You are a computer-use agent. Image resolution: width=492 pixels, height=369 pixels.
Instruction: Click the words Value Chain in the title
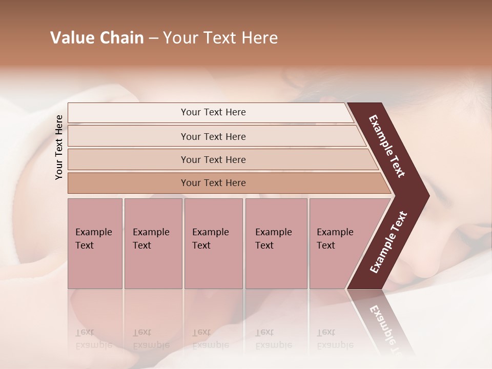[x=97, y=38]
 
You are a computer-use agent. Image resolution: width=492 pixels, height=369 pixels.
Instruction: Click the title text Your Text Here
[x=220, y=38]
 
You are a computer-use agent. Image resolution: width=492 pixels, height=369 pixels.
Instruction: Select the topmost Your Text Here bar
[x=213, y=112]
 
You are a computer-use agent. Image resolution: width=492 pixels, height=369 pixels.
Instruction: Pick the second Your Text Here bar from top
[x=213, y=136]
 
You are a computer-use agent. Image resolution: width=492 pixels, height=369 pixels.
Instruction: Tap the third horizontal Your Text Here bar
[x=213, y=159]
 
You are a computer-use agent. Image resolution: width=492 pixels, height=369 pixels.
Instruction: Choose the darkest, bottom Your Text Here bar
[x=213, y=183]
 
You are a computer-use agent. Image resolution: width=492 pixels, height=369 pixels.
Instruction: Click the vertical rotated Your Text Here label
[x=59, y=147]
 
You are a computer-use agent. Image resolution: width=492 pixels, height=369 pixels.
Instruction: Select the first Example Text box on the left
[x=95, y=243]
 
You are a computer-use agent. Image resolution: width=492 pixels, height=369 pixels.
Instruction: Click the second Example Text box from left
[x=153, y=243]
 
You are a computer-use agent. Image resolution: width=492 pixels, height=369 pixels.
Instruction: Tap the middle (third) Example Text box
[x=213, y=243]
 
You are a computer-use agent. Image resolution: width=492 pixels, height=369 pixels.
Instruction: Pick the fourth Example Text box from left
[x=276, y=243]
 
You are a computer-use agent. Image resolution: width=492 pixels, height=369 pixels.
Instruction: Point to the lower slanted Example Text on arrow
[x=388, y=242]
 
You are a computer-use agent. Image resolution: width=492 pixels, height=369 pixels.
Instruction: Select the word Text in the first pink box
[x=85, y=245]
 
